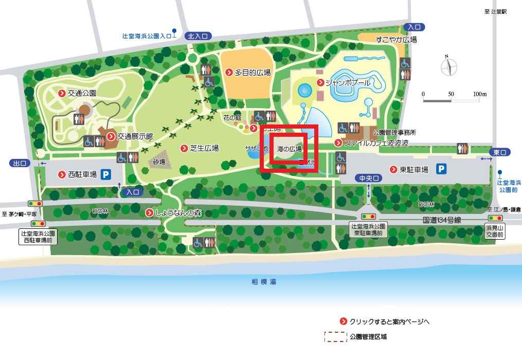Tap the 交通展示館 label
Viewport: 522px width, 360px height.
click(x=135, y=136)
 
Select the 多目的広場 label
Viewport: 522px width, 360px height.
click(x=252, y=73)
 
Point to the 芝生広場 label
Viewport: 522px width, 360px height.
click(x=204, y=148)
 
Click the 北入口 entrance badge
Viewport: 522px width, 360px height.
click(x=198, y=36)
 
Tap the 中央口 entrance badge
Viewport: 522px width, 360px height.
click(x=369, y=178)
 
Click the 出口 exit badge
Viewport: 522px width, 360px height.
click(x=20, y=164)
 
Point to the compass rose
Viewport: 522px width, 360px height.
click(x=447, y=66)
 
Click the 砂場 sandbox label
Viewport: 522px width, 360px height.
click(x=159, y=161)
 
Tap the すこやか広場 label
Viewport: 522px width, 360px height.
click(x=395, y=40)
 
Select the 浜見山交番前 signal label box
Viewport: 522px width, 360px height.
click(x=496, y=230)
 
